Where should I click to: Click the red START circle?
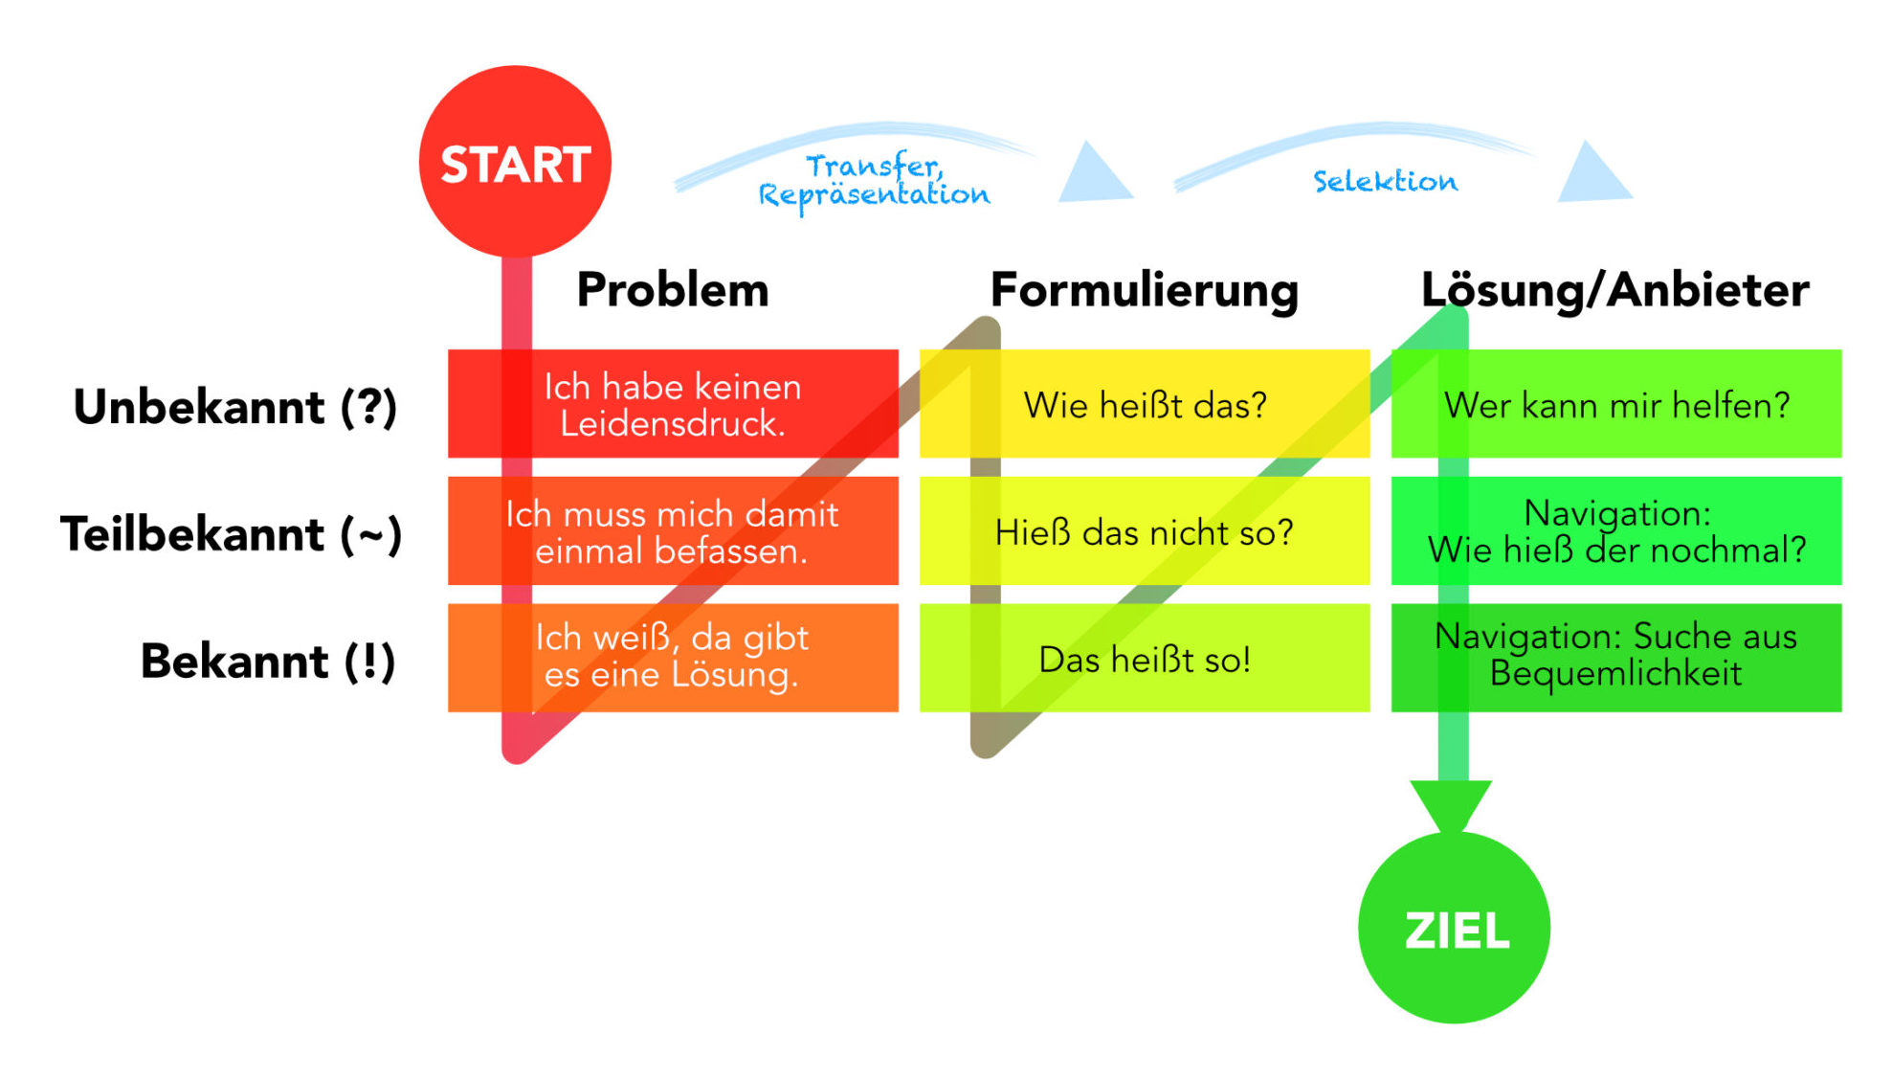(515, 161)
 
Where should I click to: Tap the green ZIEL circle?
(1454, 928)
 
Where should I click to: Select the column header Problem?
(673, 290)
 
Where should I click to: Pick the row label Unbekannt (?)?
(235, 407)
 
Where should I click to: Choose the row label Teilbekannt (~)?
(231, 534)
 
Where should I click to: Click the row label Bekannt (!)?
(268, 662)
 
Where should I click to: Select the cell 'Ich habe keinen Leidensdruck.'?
(673, 404)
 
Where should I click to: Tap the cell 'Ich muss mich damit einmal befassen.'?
(673, 531)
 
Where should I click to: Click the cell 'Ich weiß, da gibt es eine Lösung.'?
(673, 658)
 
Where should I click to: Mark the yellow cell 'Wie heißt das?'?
(1145, 404)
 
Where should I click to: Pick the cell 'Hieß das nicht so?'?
(1145, 531)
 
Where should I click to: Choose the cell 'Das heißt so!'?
(1145, 658)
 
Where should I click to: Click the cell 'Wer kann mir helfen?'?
(1616, 404)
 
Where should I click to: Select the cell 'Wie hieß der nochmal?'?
(1616, 531)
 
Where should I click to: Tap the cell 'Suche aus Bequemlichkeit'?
(1616, 658)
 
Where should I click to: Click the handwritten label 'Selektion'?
(1385, 181)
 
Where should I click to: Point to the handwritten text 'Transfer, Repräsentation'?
(874, 182)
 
